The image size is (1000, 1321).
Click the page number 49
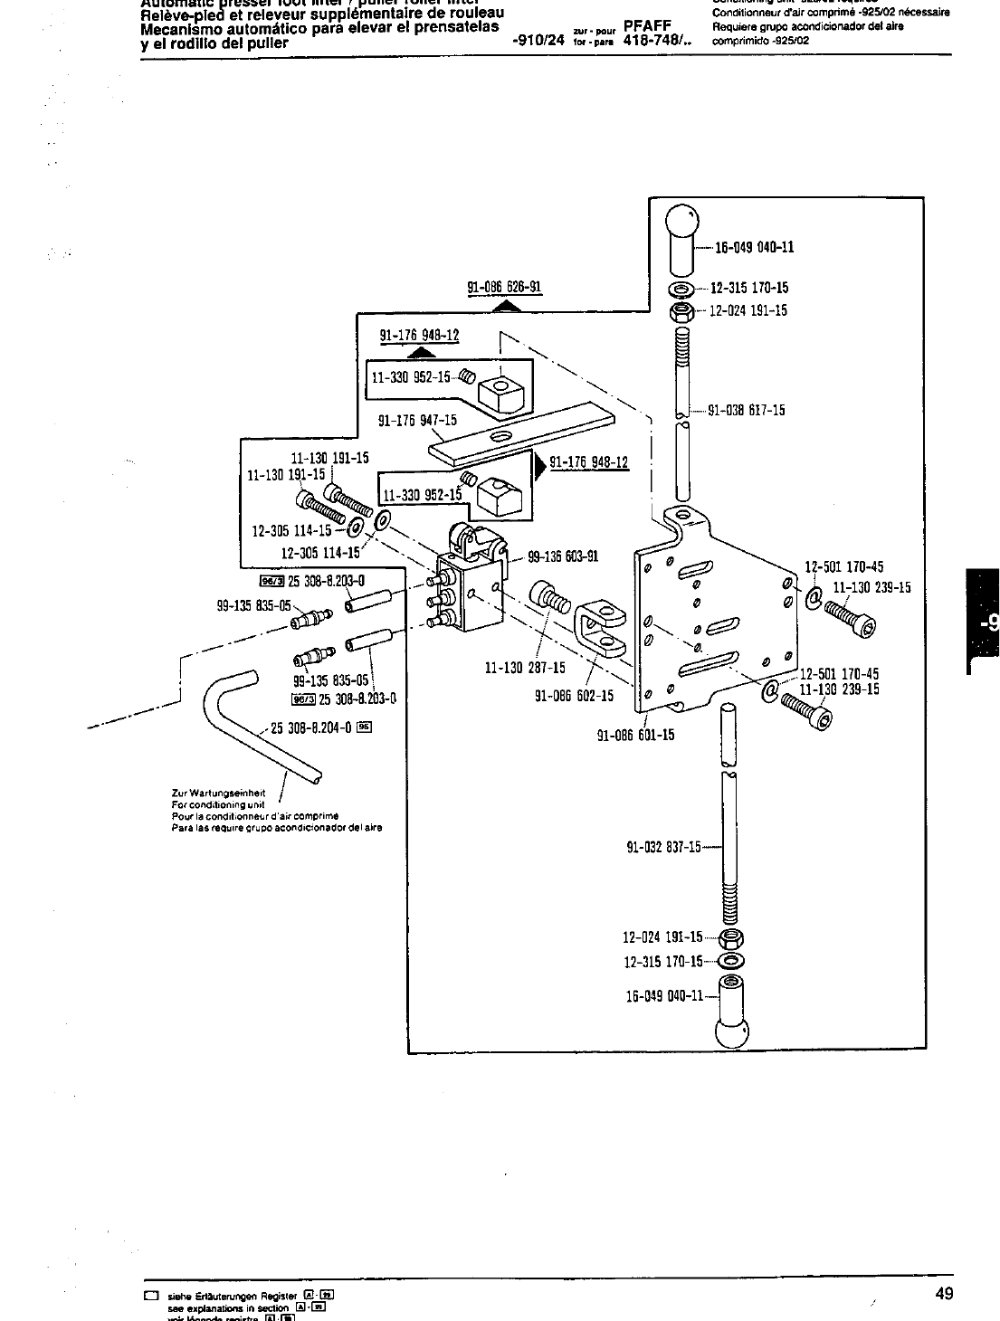pyautogui.click(x=943, y=1294)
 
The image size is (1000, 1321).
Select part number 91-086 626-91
pyautogui.click(x=504, y=288)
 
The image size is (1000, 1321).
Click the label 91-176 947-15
pyautogui.click(x=417, y=420)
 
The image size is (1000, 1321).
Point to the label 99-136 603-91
pyautogui.click(x=563, y=556)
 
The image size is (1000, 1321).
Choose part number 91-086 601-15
pyautogui.click(x=635, y=735)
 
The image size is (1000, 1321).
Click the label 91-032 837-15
pyautogui.click(x=663, y=847)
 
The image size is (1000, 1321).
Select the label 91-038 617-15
pyautogui.click(x=747, y=410)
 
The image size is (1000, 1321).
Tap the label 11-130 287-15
pyautogui.click(x=525, y=668)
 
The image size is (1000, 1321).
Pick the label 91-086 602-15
pyautogui.click(x=574, y=696)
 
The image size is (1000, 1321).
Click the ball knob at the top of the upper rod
pyautogui.click(x=682, y=234)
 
